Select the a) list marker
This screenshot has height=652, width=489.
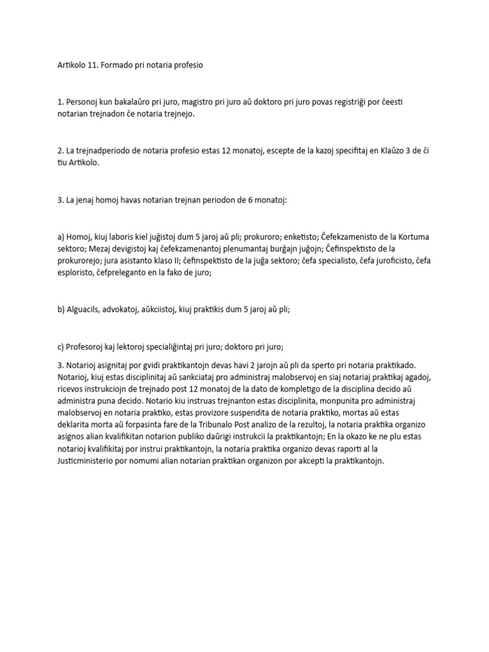(62, 236)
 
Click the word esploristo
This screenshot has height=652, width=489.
(80, 273)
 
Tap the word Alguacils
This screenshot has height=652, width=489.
(89, 309)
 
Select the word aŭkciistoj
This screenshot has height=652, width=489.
(173, 309)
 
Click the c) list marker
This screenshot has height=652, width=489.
(61, 346)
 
